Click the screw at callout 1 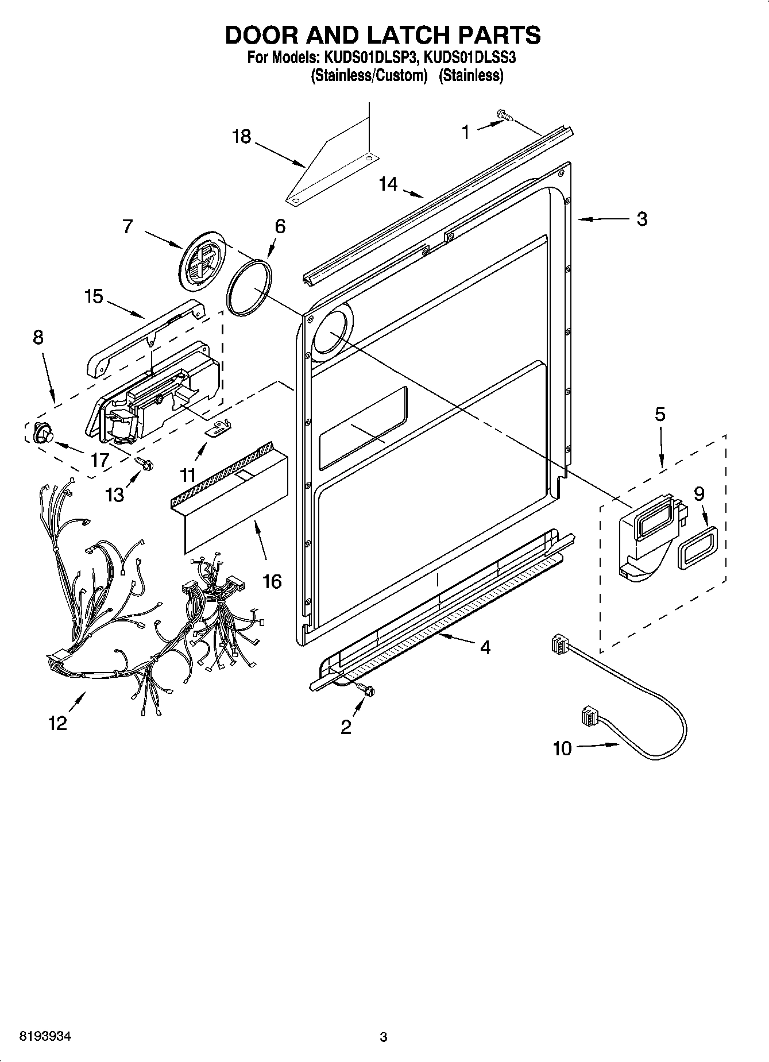(505, 117)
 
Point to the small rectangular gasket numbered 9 (696, 548)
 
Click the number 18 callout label (242, 137)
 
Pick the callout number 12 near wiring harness (57, 723)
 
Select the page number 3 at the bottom (383, 1037)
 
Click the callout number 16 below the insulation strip (272, 581)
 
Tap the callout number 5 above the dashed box (660, 414)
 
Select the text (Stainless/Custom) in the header (370, 75)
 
